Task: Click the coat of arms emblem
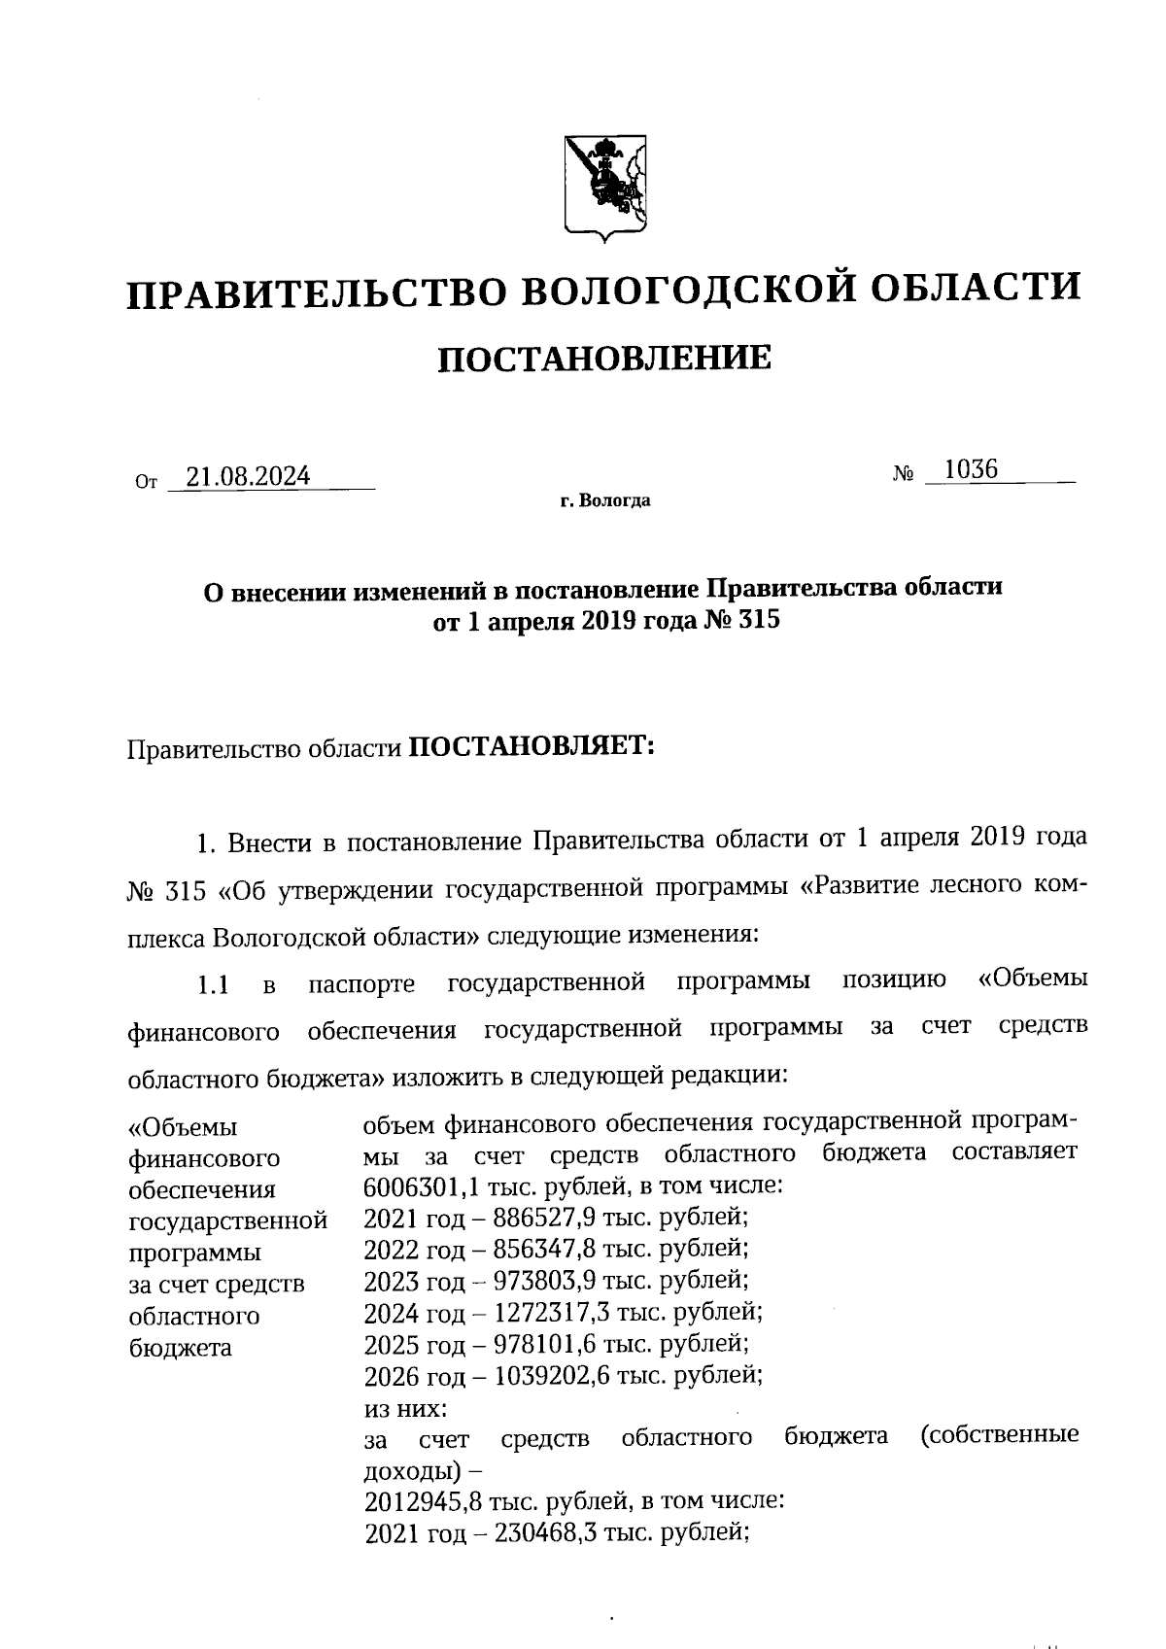(x=605, y=187)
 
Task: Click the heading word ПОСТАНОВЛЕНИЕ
(x=604, y=360)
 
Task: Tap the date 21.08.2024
(x=249, y=476)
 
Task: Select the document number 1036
(x=971, y=470)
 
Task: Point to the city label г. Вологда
(x=604, y=501)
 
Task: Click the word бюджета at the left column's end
(x=180, y=1348)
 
